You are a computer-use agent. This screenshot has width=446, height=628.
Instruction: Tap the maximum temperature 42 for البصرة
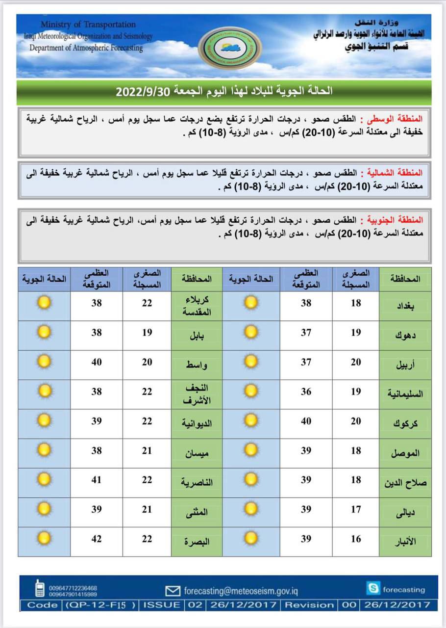(97, 539)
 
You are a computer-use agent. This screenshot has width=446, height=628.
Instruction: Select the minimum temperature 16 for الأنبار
(356, 539)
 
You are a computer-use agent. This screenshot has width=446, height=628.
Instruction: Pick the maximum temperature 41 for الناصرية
(97, 480)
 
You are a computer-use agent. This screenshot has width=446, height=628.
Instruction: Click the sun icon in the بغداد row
(251, 303)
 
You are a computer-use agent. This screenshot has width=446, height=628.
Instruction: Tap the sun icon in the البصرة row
(44, 539)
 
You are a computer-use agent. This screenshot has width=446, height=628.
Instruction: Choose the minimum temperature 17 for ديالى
(356, 509)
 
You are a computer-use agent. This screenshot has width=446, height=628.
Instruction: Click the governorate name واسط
(196, 365)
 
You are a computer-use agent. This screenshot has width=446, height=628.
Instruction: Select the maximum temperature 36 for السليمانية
(306, 392)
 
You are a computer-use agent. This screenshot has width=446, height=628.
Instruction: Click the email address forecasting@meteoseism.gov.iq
(241, 591)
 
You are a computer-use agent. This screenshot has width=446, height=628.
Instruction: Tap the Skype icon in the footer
(372, 588)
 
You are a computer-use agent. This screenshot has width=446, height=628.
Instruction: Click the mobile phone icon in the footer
(39, 588)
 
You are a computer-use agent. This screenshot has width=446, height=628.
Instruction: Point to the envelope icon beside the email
(173, 591)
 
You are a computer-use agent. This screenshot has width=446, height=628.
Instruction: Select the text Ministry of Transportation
(88, 25)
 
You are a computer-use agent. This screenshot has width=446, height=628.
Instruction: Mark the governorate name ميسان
(197, 453)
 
